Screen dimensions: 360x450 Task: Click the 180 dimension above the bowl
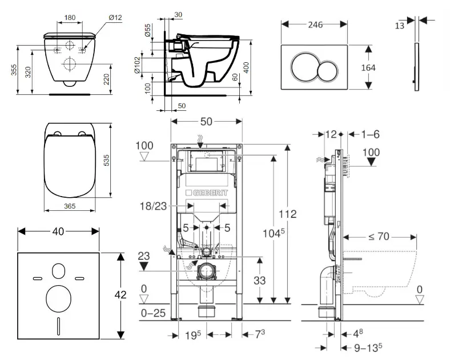pos(70,18)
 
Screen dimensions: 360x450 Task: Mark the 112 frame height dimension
pos(288,214)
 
